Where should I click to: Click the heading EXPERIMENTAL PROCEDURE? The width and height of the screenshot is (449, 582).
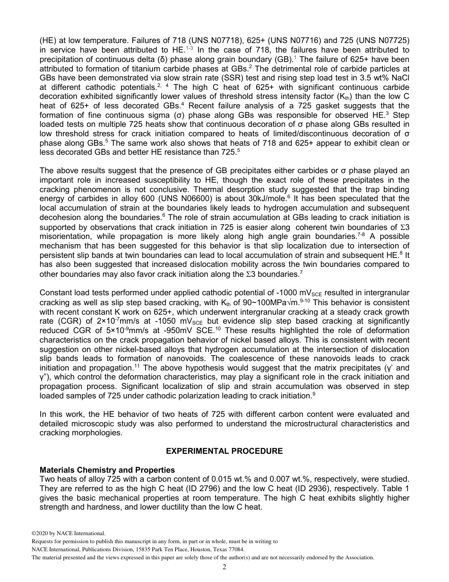[x=224, y=451]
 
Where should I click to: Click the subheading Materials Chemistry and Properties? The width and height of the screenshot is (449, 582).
[x=107, y=470]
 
